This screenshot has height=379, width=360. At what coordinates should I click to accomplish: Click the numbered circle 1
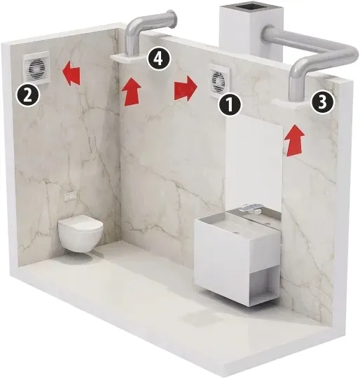230,104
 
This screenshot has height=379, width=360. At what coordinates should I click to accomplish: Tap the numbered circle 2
27,97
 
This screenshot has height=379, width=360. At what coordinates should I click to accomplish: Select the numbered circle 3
322,102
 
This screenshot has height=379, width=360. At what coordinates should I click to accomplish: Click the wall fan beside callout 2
36,68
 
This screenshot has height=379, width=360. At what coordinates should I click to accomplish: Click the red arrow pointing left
71,74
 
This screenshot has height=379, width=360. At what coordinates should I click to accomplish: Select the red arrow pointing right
186,88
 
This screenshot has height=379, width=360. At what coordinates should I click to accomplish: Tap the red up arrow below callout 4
131,91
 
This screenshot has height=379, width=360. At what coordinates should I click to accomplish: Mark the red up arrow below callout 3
294,140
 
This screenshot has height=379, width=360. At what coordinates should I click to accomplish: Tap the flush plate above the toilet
71,197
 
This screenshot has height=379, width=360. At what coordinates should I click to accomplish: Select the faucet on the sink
249,208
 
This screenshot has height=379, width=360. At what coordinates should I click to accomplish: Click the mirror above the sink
254,164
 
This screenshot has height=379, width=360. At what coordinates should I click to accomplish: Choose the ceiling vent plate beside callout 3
291,104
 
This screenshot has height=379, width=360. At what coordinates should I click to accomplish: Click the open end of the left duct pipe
174,19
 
